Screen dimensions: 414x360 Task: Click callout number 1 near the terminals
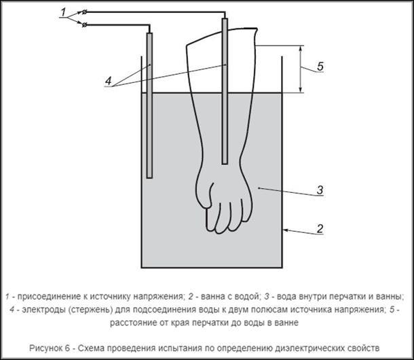[63, 12]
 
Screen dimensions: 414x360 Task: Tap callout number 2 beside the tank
[320, 229]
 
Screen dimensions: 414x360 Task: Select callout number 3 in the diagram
[320, 190]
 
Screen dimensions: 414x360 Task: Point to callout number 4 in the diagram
[109, 81]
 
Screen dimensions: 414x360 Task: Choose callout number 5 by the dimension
[320, 66]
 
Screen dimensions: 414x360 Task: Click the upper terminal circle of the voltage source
[84, 12]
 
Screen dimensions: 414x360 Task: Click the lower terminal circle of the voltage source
[84, 25]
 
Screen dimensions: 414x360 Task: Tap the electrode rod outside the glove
[149, 105]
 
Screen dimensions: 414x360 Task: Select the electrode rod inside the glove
[225, 91]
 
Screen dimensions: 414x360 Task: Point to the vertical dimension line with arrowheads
[301, 69]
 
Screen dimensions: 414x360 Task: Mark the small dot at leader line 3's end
[259, 188]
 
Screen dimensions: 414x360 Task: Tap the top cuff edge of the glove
[222, 35]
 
